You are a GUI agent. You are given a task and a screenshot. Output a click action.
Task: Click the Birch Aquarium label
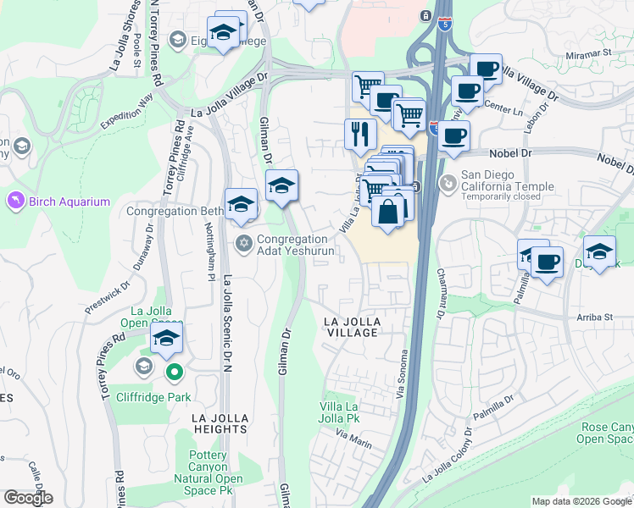[71, 202]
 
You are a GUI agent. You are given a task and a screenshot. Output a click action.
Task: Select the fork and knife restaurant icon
[360, 133]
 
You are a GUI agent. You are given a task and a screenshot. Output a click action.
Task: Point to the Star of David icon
[244, 244]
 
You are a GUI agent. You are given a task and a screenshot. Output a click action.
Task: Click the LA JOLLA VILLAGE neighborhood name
[363, 327]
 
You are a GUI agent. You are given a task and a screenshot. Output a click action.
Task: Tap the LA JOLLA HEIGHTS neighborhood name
[220, 423]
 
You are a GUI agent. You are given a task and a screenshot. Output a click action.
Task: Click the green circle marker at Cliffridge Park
[175, 371]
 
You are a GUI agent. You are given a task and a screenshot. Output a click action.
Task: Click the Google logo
[28, 498]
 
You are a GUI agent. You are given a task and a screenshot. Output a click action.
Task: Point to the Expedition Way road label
[126, 111]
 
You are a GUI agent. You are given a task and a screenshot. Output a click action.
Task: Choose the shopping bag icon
[388, 211]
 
